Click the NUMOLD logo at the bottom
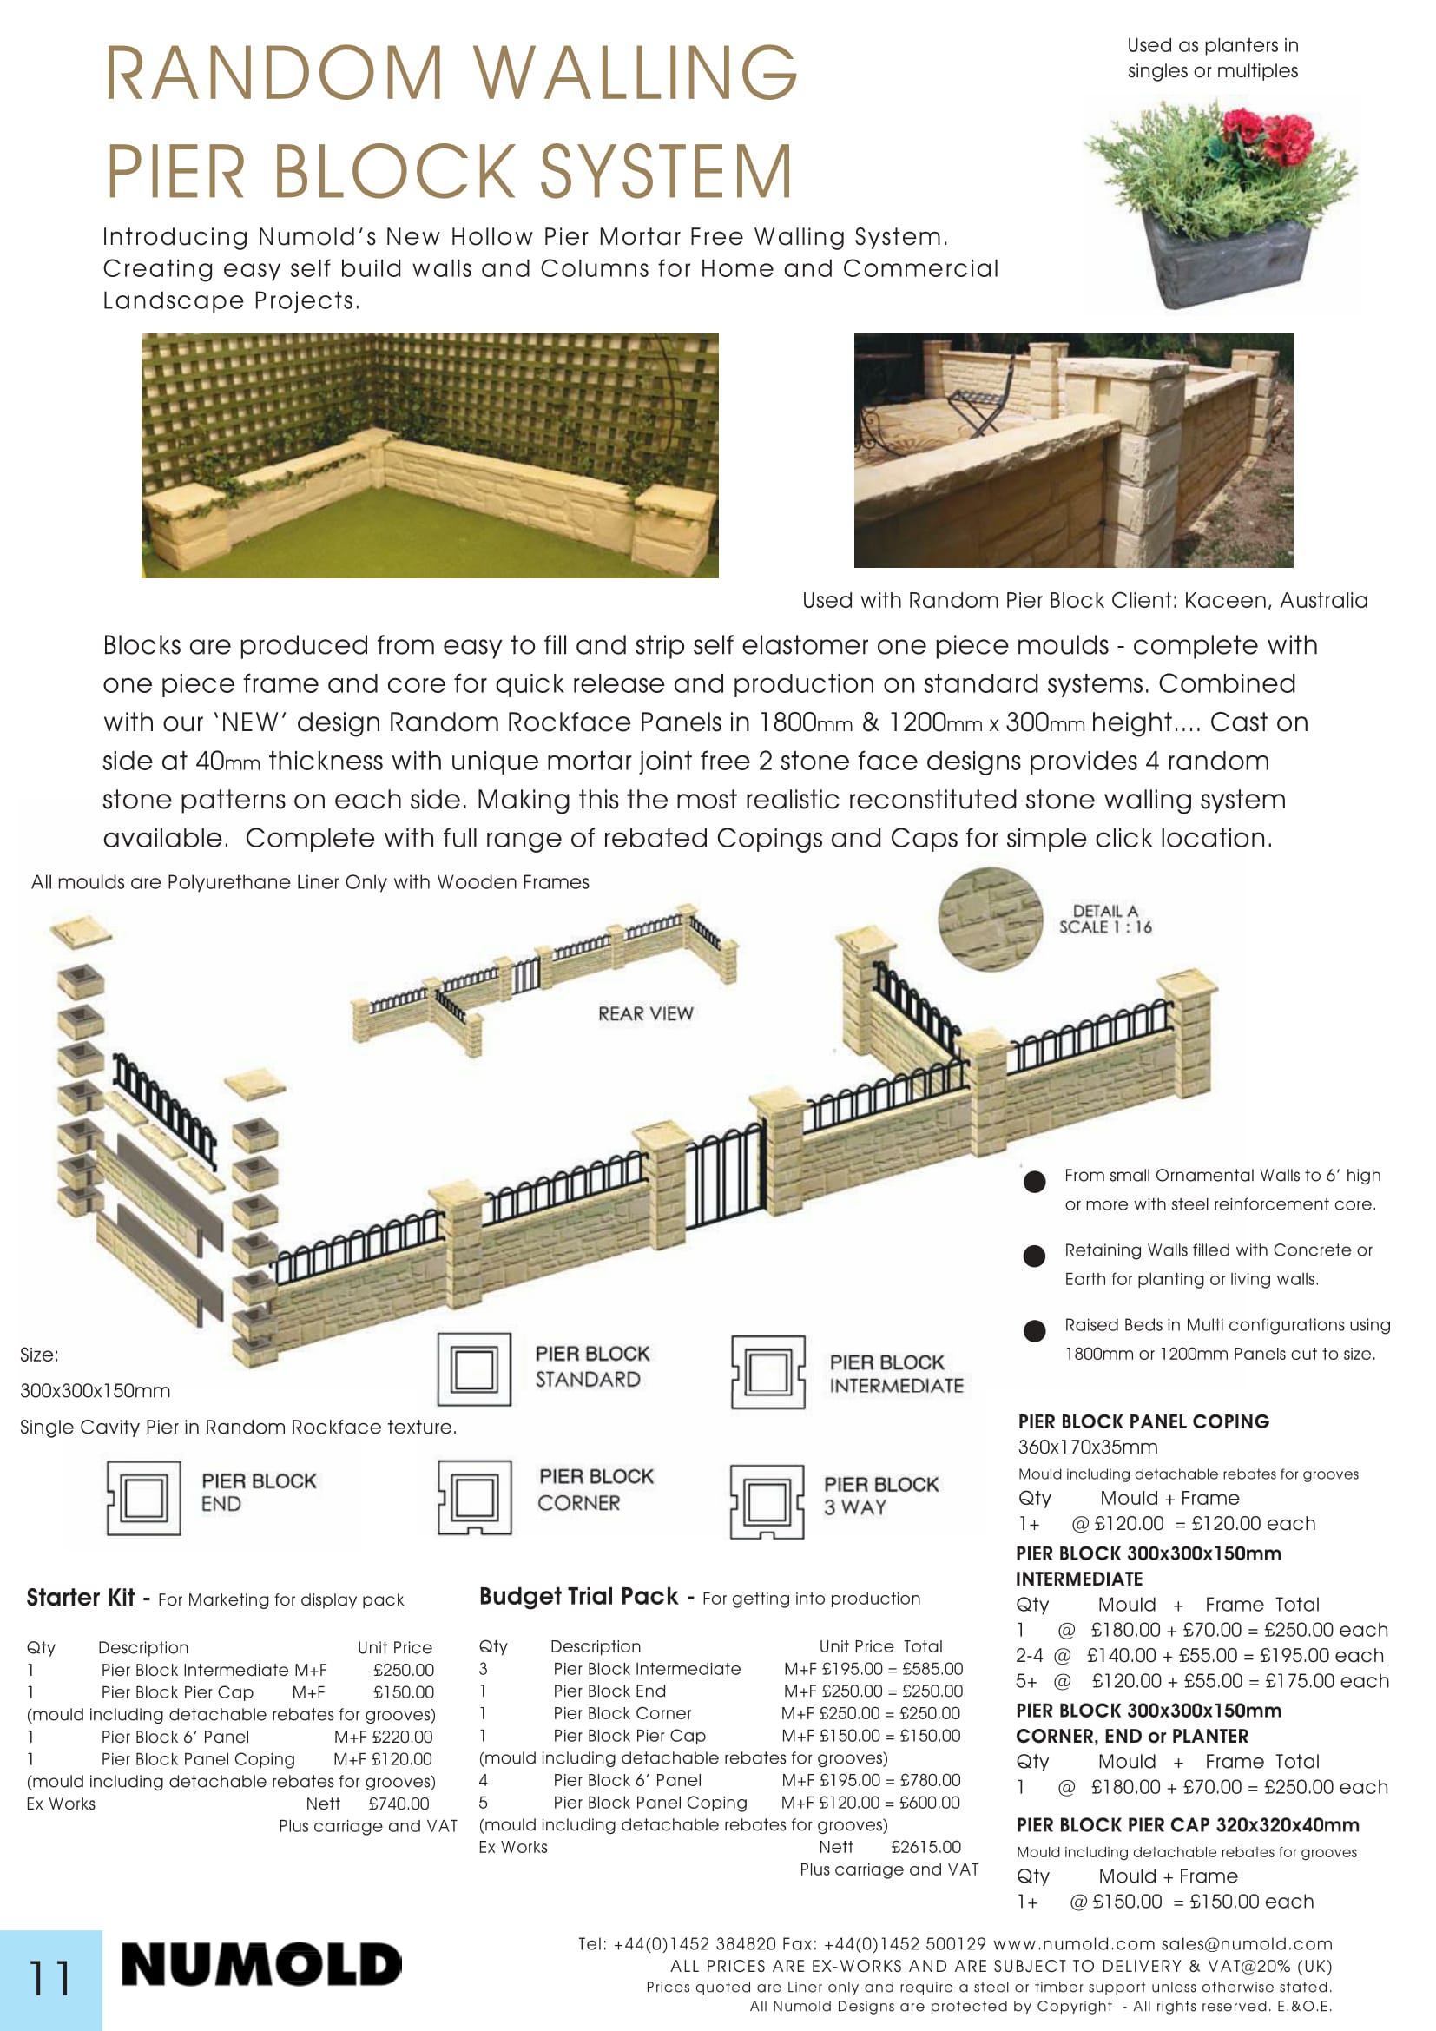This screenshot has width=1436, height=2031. coord(260,1966)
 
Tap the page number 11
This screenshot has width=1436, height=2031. coord(49,1978)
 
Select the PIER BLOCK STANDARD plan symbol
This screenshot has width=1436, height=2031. coord(474,1369)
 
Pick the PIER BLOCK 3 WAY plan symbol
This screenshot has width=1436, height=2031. coord(767,1502)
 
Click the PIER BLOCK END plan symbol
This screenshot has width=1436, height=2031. coord(143,1498)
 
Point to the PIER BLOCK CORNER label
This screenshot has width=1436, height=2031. coord(596,1490)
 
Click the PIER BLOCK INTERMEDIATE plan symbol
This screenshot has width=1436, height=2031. coord(767,1372)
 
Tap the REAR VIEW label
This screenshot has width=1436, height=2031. coord(645,1013)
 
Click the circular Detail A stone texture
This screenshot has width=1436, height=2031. coord(991,920)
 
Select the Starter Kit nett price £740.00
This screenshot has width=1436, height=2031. coord(399,1804)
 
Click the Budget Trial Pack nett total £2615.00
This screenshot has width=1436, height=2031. coord(925,1847)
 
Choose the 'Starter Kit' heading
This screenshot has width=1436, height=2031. coord(81,1598)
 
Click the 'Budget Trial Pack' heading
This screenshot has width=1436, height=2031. coord(578,1597)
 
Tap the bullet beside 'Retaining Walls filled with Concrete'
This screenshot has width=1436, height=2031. coord(1034,1256)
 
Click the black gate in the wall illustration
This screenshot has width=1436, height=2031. coord(724,1179)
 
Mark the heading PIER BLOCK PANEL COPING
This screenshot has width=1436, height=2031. coord(1143,1421)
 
